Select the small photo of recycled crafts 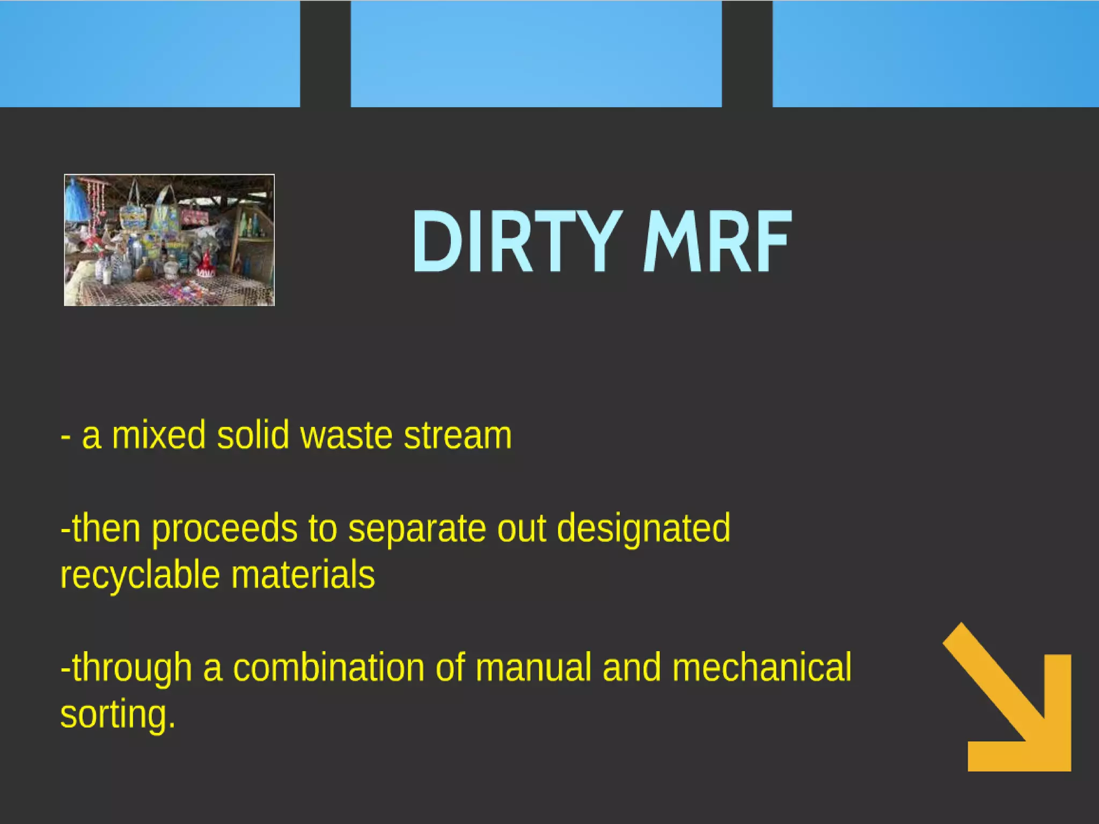pos(169,240)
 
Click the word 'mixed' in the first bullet pos(159,435)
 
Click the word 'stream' pos(458,435)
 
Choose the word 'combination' pos(328,668)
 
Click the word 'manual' pos(533,668)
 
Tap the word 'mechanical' pos(762,668)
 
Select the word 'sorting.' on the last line pos(118,715)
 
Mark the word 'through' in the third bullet pos(131,668)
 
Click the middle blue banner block pos(536,54)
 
